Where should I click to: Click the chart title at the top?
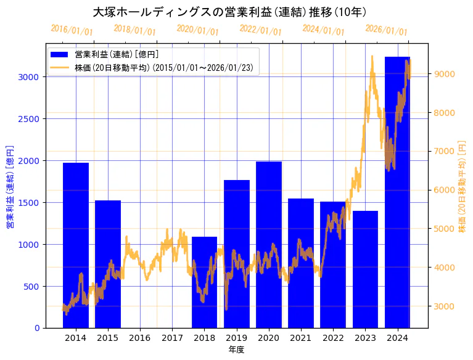(229, 12)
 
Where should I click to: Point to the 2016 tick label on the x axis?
(140, 338)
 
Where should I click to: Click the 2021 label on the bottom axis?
(301, 338)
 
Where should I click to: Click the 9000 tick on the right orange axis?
(445, 74)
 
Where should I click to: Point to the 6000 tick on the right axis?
(445, 190)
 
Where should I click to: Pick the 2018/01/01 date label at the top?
(135, 30)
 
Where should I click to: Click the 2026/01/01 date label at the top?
(386, 30)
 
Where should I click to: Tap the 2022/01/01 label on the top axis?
(260, 30)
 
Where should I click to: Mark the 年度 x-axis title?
(237, 350)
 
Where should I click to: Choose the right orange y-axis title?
(463, 186)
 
